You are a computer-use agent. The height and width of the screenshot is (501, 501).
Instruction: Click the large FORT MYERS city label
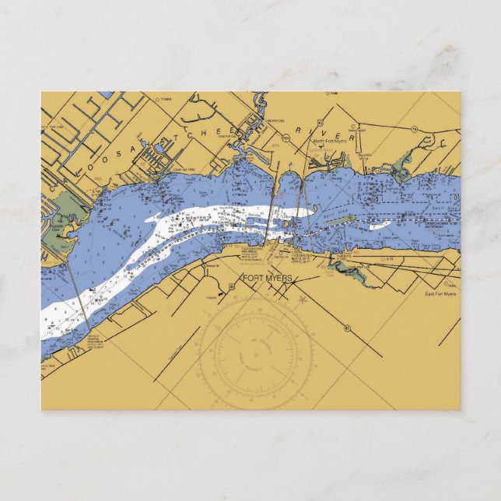(x=268, y=279)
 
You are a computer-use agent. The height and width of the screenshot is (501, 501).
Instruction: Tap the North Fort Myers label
(x=331, y=141)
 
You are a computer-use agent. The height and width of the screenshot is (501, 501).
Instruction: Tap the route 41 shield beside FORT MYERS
(x=233, y=286)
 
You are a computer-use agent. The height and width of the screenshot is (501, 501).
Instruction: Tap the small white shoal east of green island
(x=379, y=226)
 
